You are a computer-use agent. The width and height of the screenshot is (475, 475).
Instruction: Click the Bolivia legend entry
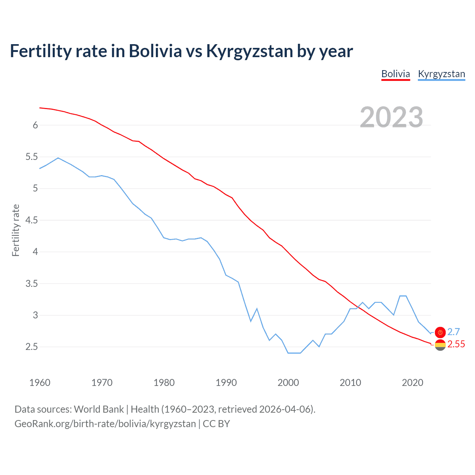click(x=396, y=74)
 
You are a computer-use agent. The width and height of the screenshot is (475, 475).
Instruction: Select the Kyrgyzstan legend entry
click(x=441, y=74)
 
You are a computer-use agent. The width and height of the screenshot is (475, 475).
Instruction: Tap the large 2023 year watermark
click(x=392, y=117)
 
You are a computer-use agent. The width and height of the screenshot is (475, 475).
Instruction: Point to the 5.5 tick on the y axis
click(x=32, y=157)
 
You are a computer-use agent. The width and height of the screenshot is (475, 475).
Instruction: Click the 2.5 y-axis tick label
click(x=32, y=347)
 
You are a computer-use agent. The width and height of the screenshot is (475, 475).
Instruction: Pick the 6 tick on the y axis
click(x=35, y=125)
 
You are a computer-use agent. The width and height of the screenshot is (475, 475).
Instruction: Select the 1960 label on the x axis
click(x=40, y=383)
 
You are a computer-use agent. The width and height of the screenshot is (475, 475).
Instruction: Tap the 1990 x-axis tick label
click(x=226, y=383)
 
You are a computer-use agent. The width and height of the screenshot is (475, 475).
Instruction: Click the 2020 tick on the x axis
click(x=412, y=383)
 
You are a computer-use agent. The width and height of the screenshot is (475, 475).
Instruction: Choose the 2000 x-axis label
click(x=288, y=383)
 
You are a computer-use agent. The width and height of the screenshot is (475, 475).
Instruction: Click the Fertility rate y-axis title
click(x=16, y=230)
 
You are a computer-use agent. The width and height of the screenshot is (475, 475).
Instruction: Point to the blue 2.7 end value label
click(x=453, y=332)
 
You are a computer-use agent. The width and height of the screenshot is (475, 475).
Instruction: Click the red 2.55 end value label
click(x=456, y=344)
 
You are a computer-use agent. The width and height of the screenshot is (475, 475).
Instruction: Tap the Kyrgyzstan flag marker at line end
click(x=440, y=332)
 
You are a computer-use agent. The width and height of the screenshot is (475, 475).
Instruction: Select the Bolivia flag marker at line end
click(x=440, y=345)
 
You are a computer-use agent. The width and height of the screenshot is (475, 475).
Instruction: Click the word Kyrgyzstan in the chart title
click(x=249, y=51)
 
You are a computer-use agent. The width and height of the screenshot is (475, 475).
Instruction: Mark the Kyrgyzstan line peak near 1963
click(x=58, y=158)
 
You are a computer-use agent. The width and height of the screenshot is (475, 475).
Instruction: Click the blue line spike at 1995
click(x=257, y=309)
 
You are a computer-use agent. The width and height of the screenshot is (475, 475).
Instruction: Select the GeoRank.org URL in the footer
click(x=105, y=424)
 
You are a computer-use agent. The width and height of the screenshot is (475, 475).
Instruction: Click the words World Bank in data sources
click(x=99, y=409)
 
